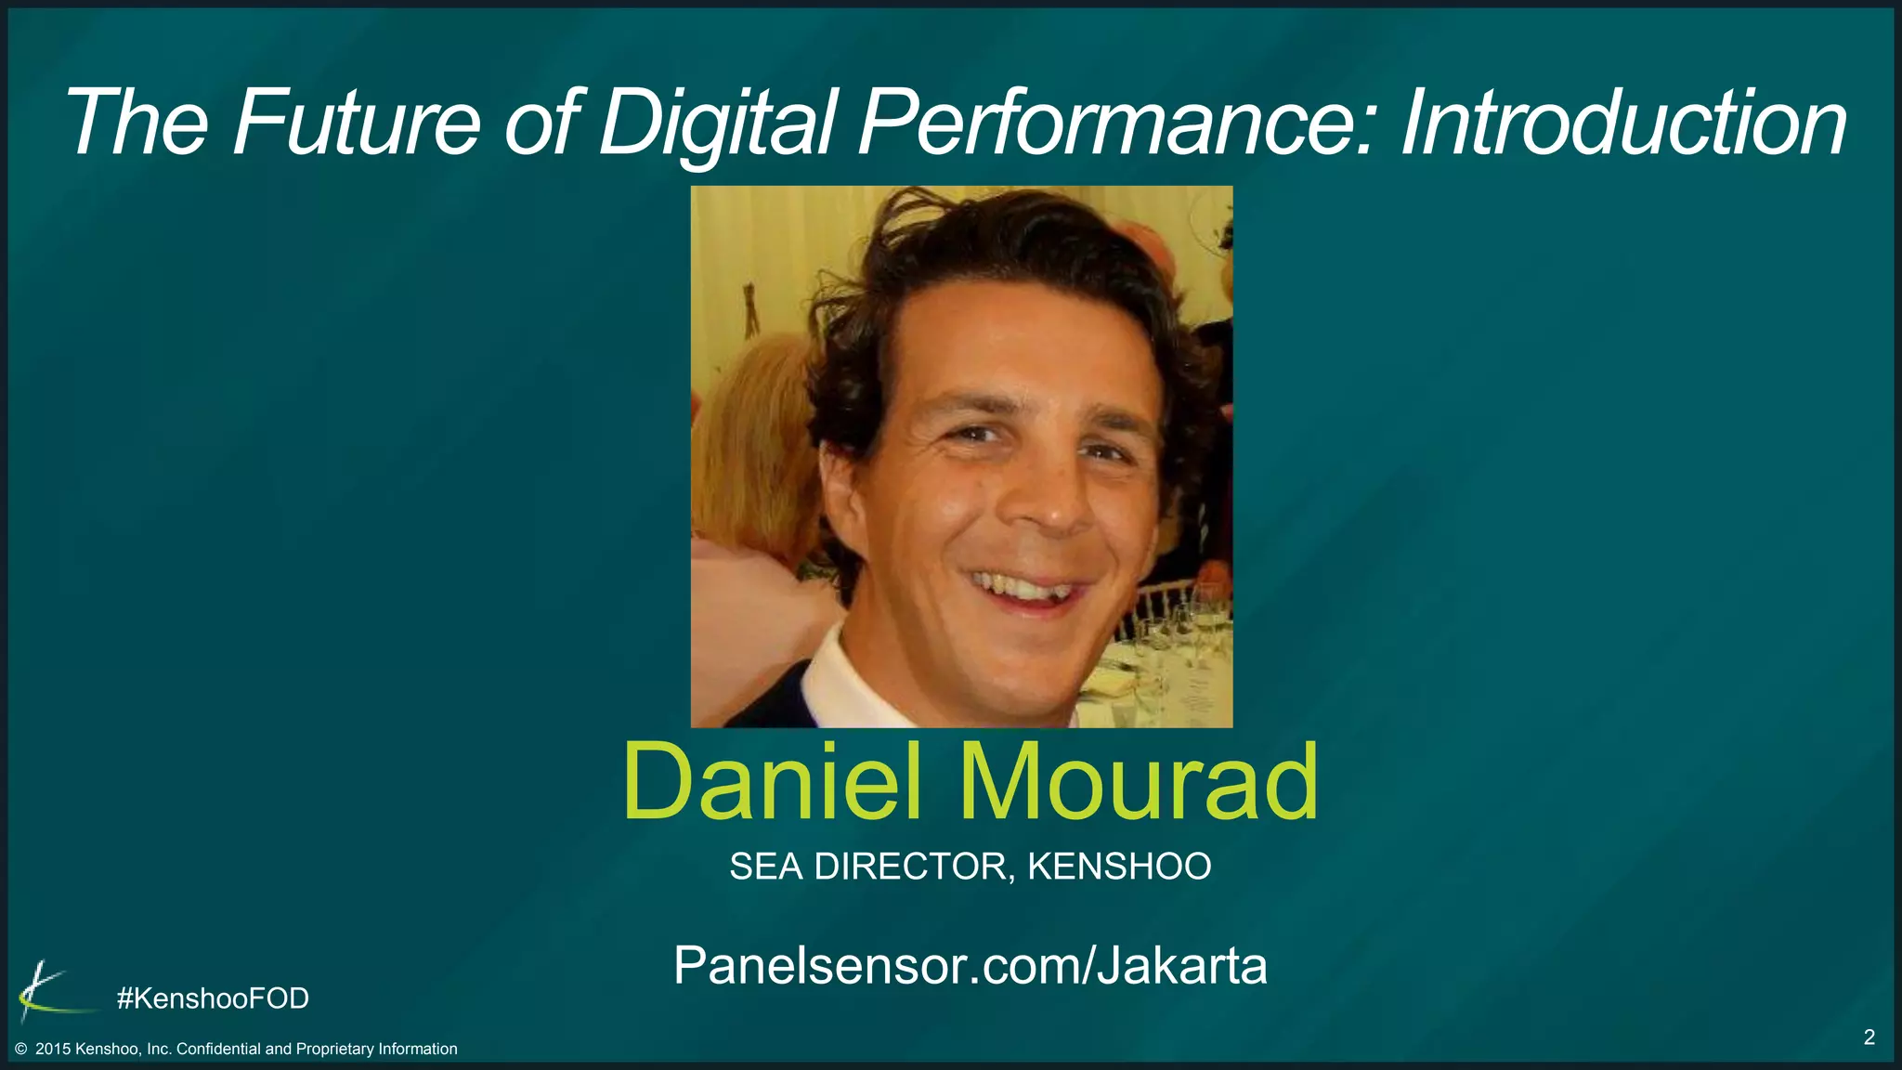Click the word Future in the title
[356, 123]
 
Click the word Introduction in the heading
[1622, 123]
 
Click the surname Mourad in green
[1138, 781]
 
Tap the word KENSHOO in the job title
[1119, 867]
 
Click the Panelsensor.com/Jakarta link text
[970, 965]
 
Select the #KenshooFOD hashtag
[213, 998]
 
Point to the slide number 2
[1869, 1037]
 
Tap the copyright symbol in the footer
[21, 1050]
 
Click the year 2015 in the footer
[53, 1050]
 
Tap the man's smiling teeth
[1022, 588]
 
